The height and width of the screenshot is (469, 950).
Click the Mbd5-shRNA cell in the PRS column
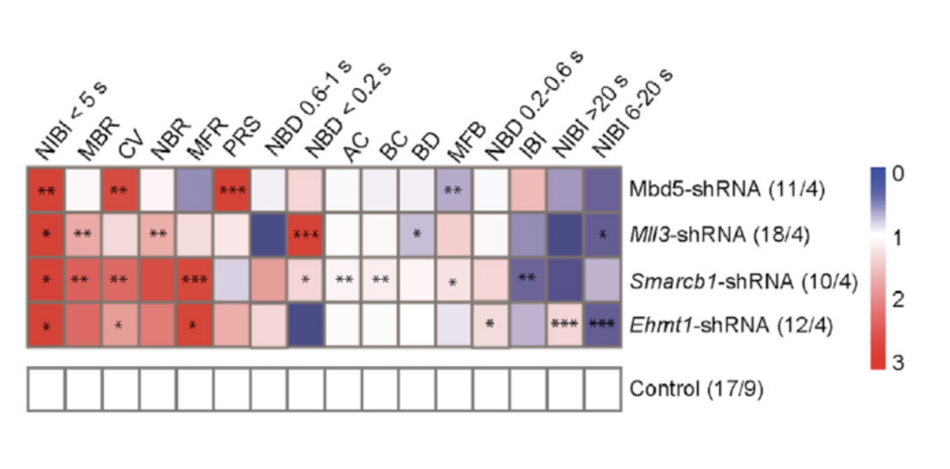(x=232, y=189)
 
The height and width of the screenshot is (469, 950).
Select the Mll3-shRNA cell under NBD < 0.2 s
(x=306, y=234)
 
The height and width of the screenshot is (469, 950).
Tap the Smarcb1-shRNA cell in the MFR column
(x=195, y=280)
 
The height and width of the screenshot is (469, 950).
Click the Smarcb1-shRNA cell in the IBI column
(x=528, y=280)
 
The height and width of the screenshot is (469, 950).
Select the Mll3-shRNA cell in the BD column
(x=417, y=234)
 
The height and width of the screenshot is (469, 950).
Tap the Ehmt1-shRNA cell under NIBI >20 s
(x=566, y=325)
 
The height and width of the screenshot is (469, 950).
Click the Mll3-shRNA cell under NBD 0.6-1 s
(x=269, y=234)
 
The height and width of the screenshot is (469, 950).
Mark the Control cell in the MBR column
(x=83, y=389)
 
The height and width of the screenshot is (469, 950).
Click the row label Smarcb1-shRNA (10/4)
(x=743, y=282)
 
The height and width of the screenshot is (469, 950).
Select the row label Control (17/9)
(x=697, y=389)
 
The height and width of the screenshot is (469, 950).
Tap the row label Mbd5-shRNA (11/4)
(x=720, y=189)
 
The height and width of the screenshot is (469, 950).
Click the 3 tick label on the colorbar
(x=898, y=363)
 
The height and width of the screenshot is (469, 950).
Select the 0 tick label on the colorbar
(x=898, y=174)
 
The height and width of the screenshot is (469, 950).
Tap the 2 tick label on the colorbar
(x=898, y=299)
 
